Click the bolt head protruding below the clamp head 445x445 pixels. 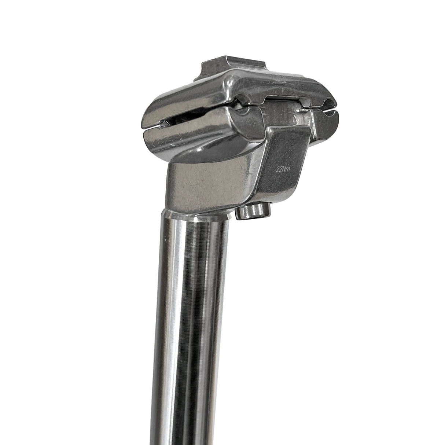252,213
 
